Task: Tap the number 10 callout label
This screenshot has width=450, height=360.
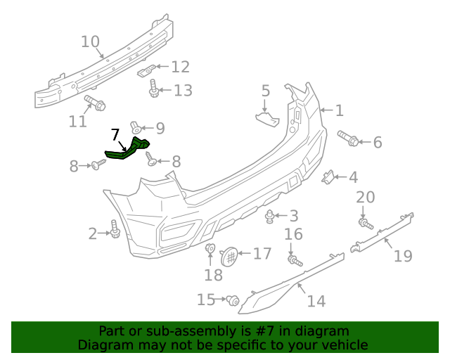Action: pos(90,42)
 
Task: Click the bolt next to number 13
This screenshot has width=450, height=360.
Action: pos(155,89)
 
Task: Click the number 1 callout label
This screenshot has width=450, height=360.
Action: pos(338,110)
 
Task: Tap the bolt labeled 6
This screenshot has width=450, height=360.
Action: pos(349,138)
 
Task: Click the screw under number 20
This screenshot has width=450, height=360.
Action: pos(365,224)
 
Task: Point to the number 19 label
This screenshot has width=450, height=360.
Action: pos(402,256)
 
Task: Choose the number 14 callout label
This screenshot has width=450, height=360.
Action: pos(316,301)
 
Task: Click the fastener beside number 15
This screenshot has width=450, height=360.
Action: pos(230,300)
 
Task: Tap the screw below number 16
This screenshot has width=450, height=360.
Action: pos(294,261)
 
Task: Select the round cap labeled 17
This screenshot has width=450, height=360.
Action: pos(229,256)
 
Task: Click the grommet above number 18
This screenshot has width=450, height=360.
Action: pos(210,248)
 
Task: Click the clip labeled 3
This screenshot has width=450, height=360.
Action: pos(271,215)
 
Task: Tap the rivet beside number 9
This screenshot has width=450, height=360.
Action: pos(136,128)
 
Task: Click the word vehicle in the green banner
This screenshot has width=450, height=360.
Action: pos(343,345)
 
